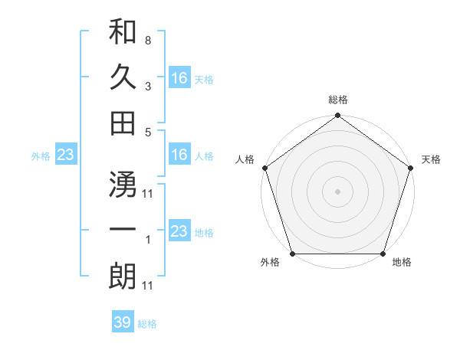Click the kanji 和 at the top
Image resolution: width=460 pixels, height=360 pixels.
123,34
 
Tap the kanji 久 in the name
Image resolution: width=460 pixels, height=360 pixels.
123,77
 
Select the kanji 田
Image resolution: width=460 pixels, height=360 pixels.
123,123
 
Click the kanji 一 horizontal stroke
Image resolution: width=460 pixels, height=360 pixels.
123,231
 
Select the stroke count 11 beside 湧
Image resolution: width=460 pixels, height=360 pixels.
147,192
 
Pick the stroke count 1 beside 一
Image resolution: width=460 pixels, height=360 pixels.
147,239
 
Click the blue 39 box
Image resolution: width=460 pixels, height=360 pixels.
122,322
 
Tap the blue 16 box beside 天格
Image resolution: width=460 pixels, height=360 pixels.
179,77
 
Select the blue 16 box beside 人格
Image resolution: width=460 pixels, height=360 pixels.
179,155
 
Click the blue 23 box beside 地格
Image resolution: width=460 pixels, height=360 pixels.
179,231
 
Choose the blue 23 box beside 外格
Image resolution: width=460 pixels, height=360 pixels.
65,155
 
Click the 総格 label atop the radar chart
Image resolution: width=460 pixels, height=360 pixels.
338,100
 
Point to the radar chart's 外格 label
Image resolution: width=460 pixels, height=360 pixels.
270,263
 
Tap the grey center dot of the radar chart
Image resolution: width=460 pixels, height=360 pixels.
338,191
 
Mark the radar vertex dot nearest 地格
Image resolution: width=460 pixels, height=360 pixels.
383,254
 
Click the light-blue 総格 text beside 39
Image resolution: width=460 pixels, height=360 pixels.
147,324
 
